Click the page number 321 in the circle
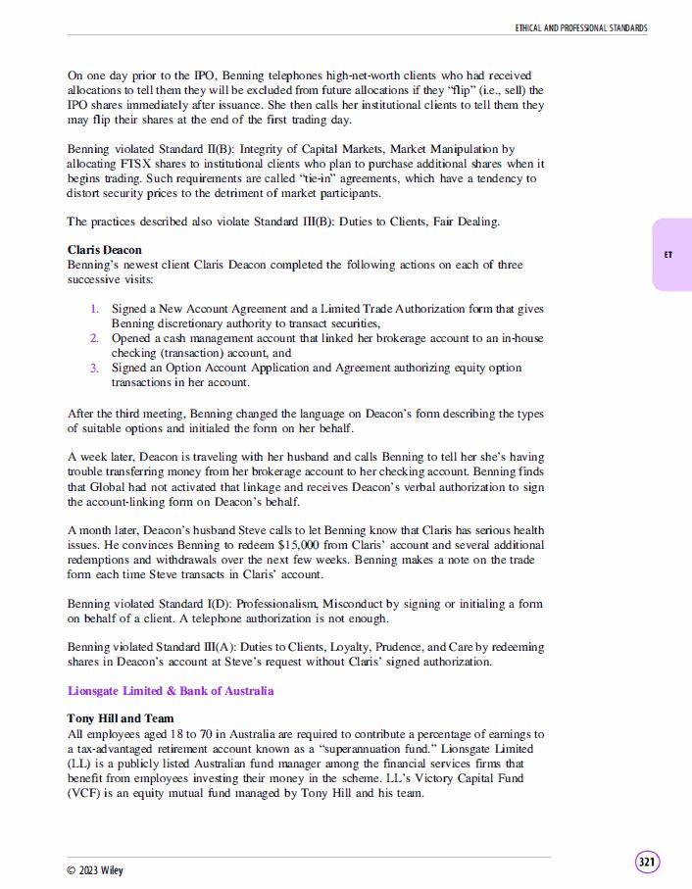pyautogui.click(x=647, y=863)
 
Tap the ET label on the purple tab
pyautogui.click(x=668, y=255)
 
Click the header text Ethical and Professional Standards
pyautogui.click(x=581, y=28)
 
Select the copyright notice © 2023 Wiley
pyautogui.click(x=95, y=870)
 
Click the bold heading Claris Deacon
pyautogui.click(x=105, y=250)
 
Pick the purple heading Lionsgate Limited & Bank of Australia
pyautogui.click(x=171, y=691)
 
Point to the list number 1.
pyautogui.click(x=95, y=309)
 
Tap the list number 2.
pyautogui.click(x=95, y=338)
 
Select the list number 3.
pyautogui.click(x=95, y=368)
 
